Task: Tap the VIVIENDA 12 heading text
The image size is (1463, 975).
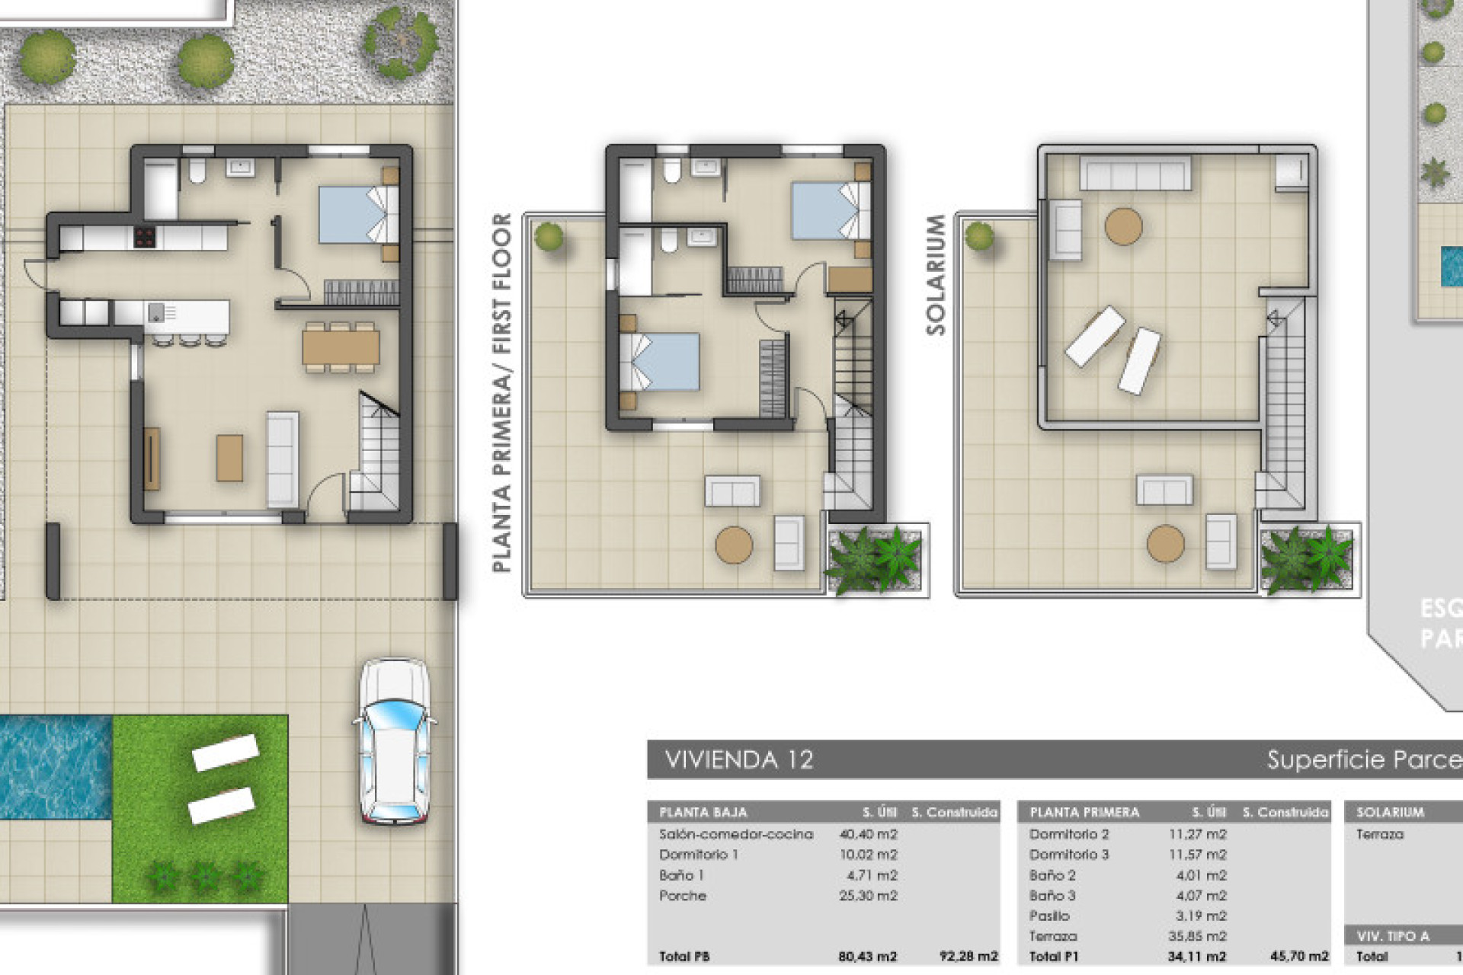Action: pyautogui.click(x=738, y=759)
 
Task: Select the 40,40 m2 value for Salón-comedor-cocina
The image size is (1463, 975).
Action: pyautogui.click(x=868, y=834)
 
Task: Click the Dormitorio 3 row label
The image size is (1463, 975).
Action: pyautogui.click(x=1068, y=855)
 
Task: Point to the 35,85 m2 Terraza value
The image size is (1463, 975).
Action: pyautogui.click(x=1197, y=936)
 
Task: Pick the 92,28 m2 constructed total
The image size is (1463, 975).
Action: pyautogui.click(x=968, y=957)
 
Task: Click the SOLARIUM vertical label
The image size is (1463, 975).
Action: pyautogui.click(x=936, y=274)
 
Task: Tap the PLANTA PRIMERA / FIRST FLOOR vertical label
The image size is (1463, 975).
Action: pyautogui.click(x=501, y=392)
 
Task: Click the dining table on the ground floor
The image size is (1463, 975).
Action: pyautogui.click(x=341, y=347)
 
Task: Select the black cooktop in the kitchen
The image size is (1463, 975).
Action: pyautogui.click(x=145, y=237)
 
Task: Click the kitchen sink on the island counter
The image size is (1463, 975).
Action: pyautogui.click(x=156, y=312)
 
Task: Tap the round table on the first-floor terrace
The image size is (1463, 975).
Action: pyautogui.click(x=734, y=545)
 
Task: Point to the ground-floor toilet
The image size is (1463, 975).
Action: pyautogui.click(x=197, y=171)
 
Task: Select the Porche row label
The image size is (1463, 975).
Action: pyautogui.click(x=682, y=896)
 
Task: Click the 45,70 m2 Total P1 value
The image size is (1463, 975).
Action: pyautogui.click(x=1298, y=957)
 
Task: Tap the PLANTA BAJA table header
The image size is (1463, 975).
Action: pyautogui.click(x=703, y=812)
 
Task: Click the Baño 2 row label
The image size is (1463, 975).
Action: pyautogui.click(x=1052, y=875)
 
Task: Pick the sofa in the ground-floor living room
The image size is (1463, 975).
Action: pyautogui.click(x=282, y=459)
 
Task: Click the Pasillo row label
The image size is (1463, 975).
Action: pyautogui.click(x=1048, y=916)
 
